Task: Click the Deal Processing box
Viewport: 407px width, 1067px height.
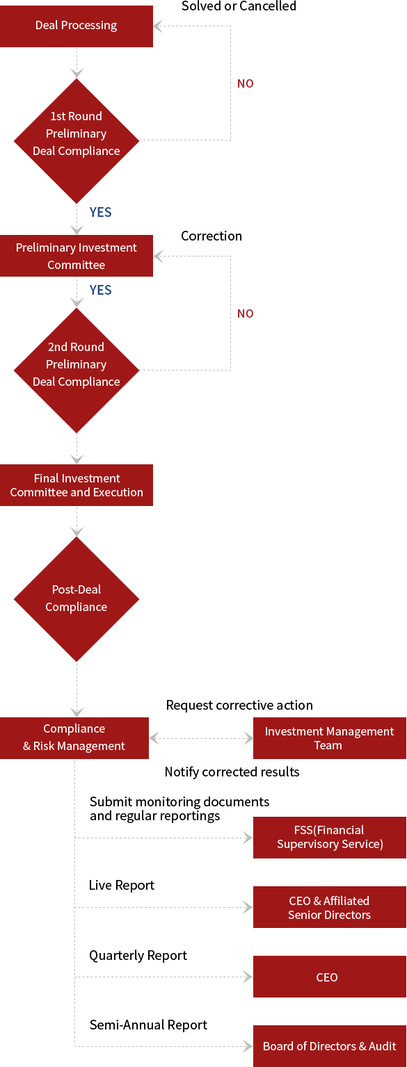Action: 77,26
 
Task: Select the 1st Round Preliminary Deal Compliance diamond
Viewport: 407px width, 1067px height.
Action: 77,141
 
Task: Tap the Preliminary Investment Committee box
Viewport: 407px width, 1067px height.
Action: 77,256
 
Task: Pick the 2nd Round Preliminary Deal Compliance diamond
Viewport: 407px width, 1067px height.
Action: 77,370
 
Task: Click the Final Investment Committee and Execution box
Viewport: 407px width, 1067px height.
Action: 77,485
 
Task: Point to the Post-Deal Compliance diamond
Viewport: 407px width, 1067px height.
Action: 77,599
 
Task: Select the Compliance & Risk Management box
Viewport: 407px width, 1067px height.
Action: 74,738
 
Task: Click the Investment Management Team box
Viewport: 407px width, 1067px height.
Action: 329,738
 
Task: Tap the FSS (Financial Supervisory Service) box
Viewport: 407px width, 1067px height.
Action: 329,838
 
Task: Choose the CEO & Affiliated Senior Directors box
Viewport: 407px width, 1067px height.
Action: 329,907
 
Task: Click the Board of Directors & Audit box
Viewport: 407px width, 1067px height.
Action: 329,1046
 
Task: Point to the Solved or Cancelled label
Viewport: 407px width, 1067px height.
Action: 239,6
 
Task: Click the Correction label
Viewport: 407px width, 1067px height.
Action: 212,236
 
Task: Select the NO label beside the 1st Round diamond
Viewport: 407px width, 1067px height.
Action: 246,84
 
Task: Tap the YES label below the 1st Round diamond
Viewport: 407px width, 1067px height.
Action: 101,212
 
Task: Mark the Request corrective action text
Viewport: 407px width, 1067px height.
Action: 239,705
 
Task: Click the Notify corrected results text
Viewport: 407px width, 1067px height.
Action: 232,772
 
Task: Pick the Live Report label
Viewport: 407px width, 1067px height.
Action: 122,885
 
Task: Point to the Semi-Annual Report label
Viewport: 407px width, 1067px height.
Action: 148,1025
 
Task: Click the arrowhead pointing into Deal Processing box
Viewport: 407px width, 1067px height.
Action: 158,26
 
